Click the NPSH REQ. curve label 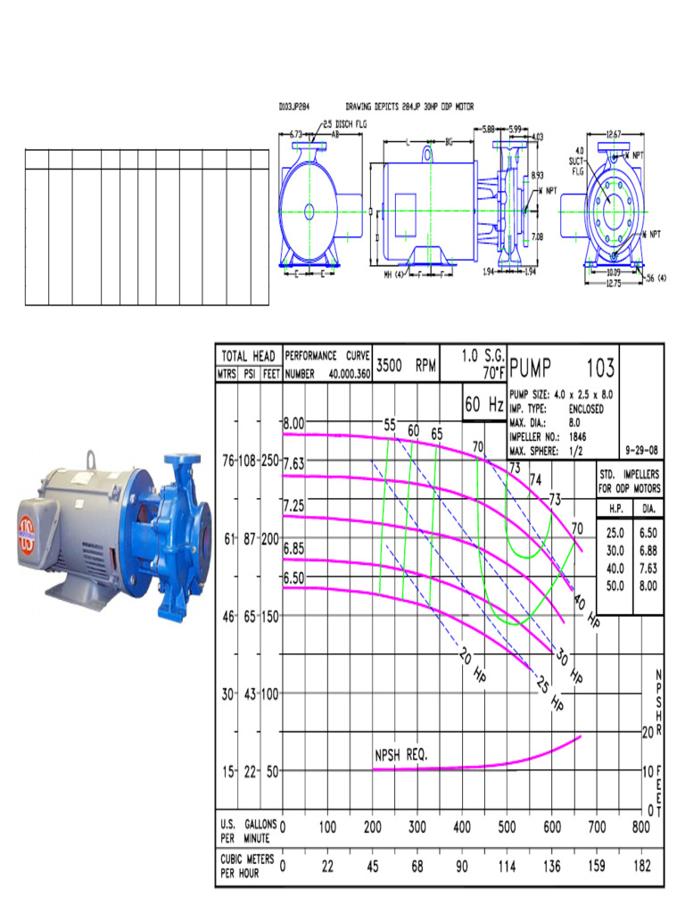(x=400, y=755)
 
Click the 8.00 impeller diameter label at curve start (x=294, y=423)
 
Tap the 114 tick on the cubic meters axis (x=508, y=866)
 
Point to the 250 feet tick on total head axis (x=268, y=461)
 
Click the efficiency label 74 (x=536, y=480)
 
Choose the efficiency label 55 (x=390, y=425)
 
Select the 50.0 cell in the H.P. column (x=615, y=585)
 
